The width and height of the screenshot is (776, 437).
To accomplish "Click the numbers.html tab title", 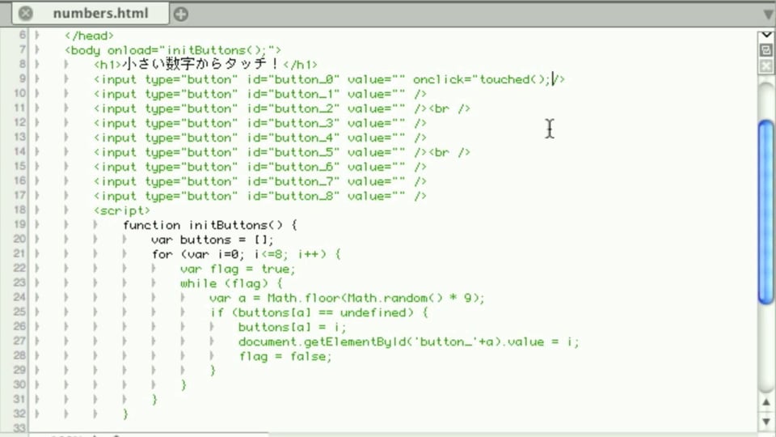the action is (x=100, y=14).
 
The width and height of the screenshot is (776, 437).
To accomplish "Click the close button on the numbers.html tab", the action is (x=26, y=14).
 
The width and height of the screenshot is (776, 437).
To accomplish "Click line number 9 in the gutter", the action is (x=23, y=78).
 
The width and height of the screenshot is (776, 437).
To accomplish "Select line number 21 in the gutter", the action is (x=19, y=253).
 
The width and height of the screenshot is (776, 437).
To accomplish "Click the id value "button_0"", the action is (x=307, y=79).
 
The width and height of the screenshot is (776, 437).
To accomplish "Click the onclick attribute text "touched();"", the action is (x=515, y=79).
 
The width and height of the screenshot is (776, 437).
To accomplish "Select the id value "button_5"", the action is (x=307, y=152).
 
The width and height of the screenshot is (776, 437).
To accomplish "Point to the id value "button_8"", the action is (x=307, y=196).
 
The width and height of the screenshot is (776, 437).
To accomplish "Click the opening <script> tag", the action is (x=122, y=210).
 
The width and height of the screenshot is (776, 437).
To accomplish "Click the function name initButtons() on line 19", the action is (x=235, y=225).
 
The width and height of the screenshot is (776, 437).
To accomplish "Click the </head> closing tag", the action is (x=89, y=36).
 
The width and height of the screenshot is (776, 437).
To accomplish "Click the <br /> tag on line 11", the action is (x=449, y=108).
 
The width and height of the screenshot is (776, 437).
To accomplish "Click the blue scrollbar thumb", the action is (x=766, y=211).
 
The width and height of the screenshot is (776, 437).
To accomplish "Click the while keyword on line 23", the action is (x=199, y=283).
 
